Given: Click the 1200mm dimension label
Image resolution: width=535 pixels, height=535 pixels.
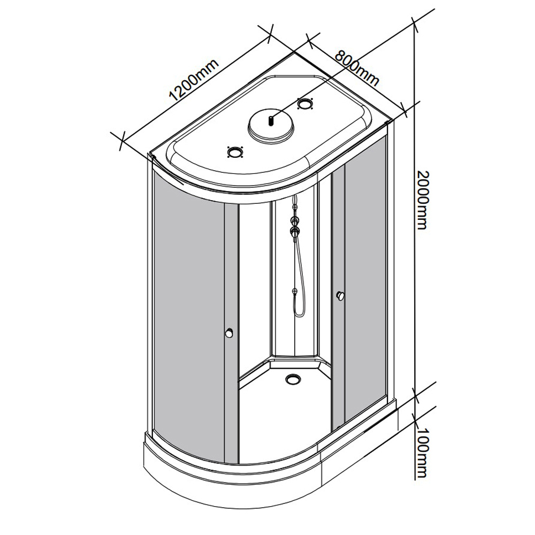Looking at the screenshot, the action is [193, 81].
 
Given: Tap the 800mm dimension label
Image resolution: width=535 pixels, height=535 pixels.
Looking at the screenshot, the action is [357, 68].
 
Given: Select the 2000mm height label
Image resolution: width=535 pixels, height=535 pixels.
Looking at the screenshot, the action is [422, 200].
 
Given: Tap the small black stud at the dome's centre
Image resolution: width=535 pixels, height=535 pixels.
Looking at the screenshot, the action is [271, 120].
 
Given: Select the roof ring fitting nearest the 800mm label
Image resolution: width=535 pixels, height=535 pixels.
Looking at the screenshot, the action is [305, 103].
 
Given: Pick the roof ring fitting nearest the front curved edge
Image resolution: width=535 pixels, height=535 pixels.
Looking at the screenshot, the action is [235, 152].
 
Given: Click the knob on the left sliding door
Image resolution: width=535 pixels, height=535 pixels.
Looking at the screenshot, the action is [230, 333].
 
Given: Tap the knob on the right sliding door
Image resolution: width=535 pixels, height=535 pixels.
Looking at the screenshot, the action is [341, 296].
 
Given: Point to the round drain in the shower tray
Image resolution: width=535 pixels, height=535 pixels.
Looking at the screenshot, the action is [293, 378].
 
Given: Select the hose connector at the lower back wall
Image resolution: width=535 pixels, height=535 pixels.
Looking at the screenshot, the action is [294, 291].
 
